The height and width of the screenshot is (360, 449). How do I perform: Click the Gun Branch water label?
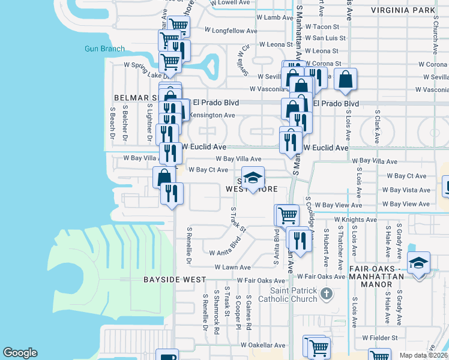[104, 49]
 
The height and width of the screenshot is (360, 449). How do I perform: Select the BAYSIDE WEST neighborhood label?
[174, 280]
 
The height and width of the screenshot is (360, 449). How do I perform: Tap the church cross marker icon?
[326, 294]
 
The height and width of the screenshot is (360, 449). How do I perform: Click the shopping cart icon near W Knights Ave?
[287, 215]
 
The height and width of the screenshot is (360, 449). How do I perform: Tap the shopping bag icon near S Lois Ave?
[346, 79]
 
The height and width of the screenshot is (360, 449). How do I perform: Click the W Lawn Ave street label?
[229, 267]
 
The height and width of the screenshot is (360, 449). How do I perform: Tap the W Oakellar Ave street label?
[263, 345]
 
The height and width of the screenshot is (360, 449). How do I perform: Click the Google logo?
[20, 353]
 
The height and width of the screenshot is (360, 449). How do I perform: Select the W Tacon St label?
[322, 27]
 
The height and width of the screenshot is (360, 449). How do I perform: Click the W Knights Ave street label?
[355, 220]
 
